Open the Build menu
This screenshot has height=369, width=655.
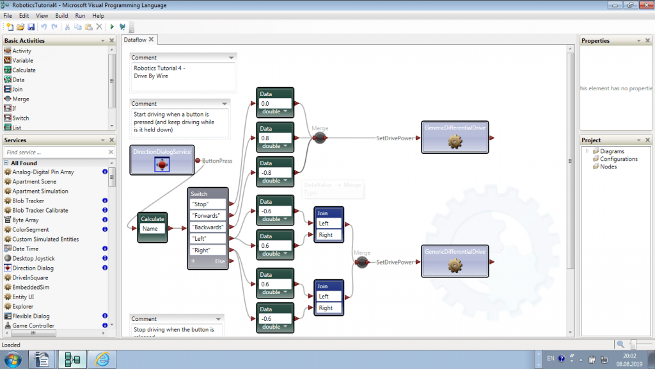(x=61, y=15)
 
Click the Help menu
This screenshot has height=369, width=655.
(x=99, y=15)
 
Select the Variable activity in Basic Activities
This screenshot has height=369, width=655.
(x=22, y=60)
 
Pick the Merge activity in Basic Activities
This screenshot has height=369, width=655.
(x=20, y=99)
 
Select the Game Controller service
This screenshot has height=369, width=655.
(x=34, y=325)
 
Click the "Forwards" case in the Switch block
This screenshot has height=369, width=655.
(x=209, y=215)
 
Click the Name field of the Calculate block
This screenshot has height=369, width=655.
(x=152, y=228)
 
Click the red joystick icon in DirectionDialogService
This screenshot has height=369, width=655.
(x=162, y=165)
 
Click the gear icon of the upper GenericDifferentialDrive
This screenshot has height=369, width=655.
(x=454, y=141)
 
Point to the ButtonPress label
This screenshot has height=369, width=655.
(x=217, y=161)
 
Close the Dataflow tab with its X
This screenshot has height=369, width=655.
(x=151, y=40)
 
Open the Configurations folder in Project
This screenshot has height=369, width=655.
(x=618, y=159)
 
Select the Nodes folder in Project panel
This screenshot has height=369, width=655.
(x=608, y=167)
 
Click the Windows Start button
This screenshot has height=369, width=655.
(x=13, y=359)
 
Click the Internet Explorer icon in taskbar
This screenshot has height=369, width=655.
(x=102, y=359)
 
